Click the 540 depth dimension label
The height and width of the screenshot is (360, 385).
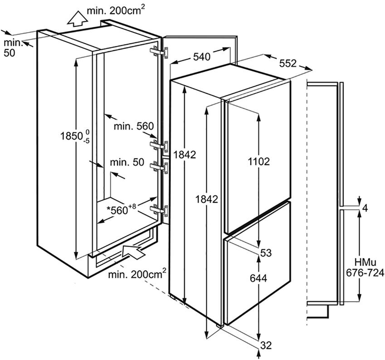[x=201, y=57]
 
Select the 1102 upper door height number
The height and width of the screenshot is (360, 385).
[x=259, y=161]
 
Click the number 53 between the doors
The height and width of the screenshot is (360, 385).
[x=266, y=253]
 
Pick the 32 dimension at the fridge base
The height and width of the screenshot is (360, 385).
[x=266, y=345]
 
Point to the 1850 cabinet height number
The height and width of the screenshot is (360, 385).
[x=70, y=136]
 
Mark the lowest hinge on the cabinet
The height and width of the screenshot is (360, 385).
[x=161, y=210]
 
